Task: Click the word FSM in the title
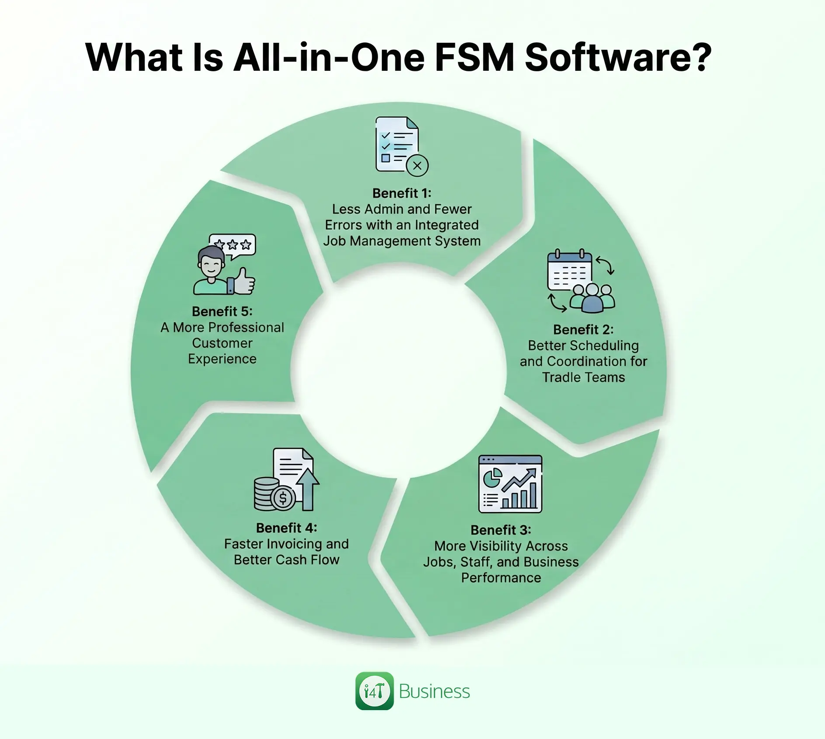(x=475, y=57)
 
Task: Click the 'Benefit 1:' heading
(x=402, y=193)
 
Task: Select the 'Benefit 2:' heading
(x=583, y=329)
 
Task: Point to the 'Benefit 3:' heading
(x=501, y=530)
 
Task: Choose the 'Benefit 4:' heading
(x=286, y=528)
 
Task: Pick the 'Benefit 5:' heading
(x=222, y=311)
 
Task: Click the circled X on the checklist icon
(x=417, y=166)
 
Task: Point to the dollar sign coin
(x=283, y=498)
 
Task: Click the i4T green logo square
(x=374, y=691)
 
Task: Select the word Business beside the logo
(x=434, y=691)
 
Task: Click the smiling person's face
(x=211, y=265)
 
